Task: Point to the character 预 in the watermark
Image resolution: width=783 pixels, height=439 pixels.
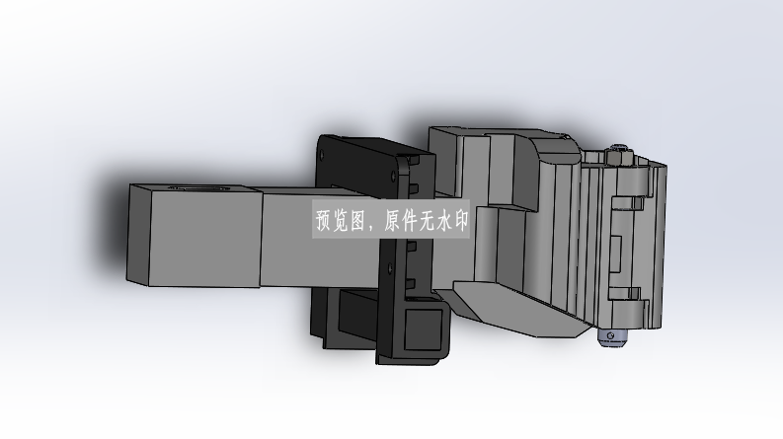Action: pos(325,221)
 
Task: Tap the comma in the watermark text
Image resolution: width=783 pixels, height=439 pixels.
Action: pos(368,227)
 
